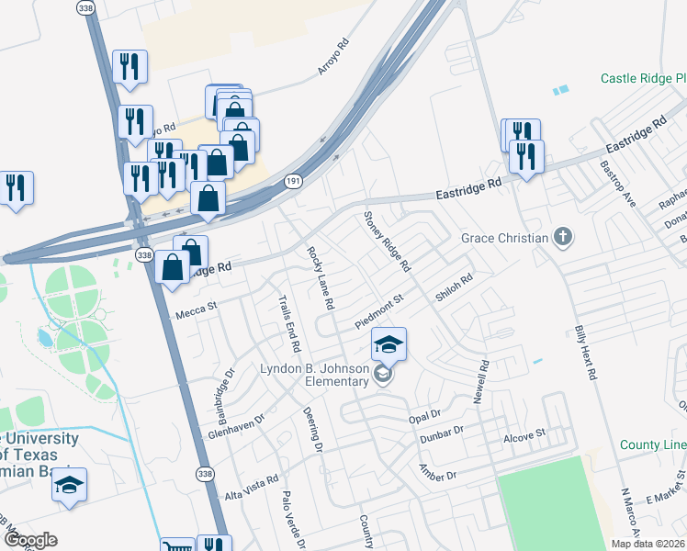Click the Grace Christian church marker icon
click(564, 239)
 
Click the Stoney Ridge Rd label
click(387, 242)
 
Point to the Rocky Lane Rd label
click(320, 276)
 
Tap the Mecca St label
click(194, 312)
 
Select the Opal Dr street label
click(424, 416)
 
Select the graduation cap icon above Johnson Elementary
click(389, 344)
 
